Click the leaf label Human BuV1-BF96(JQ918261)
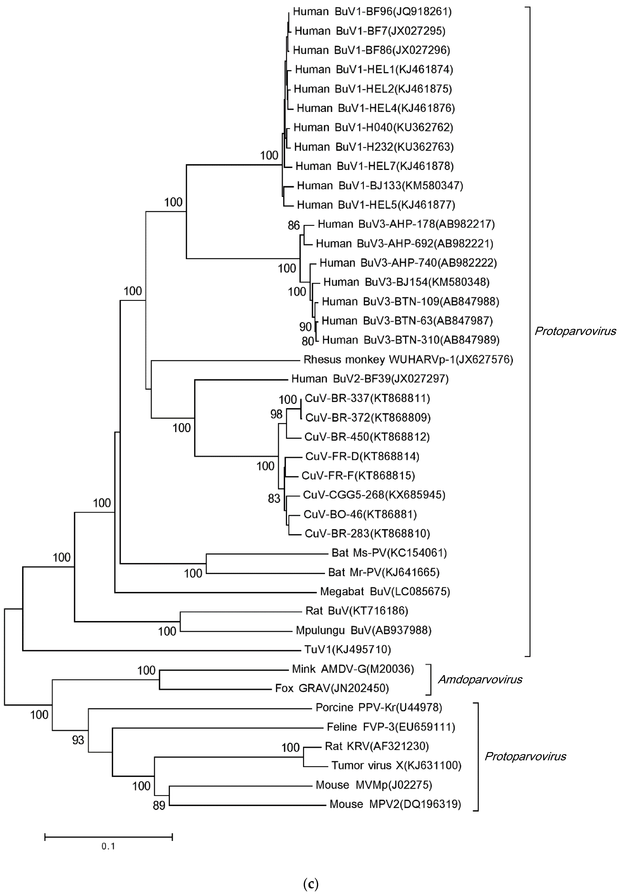[x=372, y=12]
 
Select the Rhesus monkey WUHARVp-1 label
[x=408, y=360]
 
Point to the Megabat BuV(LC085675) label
[x=385, y=591]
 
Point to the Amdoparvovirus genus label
[x=480, y=679]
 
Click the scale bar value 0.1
[x=108, y=846]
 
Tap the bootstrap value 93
[x=78, y=740]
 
